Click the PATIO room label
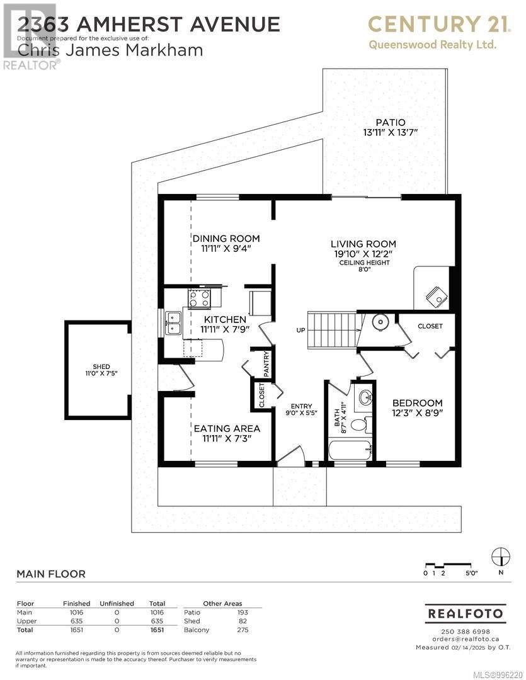pyautogui.click(x=391, y=123)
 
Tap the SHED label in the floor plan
pyautogui.click(x=101, y=366)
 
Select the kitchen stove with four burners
pyautogui.click(x=199, y=298)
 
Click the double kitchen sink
pyautogui.click(x=174, y=323)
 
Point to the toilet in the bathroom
pyautogui.click(x=361, y=423)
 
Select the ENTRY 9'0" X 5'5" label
pyautogui.click(x=301, y=409)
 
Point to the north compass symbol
pyautogui.click(x=501, y=557)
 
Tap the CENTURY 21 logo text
pyautogui.click(x=439, y=25)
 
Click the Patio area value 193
pyautogui.click(x=243, y=613)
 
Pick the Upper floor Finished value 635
pyautogui.click(x=76, y=621)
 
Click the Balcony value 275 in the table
pyautogui.click(x=243, y=630)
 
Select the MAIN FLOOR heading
pyautogui.click(x=51, y=574)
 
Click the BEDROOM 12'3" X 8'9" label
pyautogui.click(x=418, y=407)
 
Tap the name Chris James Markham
pyautogui.click(x=110, y=50)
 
